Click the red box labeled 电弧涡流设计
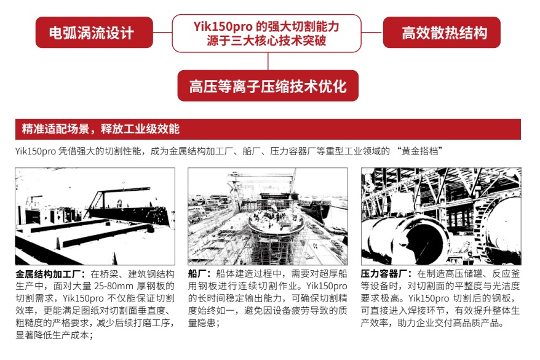click(x=94, y=33)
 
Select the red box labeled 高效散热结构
click(x=442, y=33)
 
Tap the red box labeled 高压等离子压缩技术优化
click(x=268, y=86)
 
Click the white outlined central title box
click(x=266, y=33)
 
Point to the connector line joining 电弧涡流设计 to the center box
click(x=162, y=33)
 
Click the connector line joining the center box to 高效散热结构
click(x=372, y=33)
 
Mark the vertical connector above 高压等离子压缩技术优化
click(x=268, y=62)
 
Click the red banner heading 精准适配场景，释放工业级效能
click(x=268, y=129)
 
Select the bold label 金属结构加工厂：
click(x=50, y=274)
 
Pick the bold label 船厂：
click(x=199, y=274)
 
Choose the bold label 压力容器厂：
click(x=386, y=274)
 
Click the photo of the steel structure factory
click(x=95, y=217)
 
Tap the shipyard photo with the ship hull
click(x=268, y=217)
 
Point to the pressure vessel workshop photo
click(x=441, y=217)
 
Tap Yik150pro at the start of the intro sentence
click(x=36, y=151)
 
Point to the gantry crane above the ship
click(x=262, y=180)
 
